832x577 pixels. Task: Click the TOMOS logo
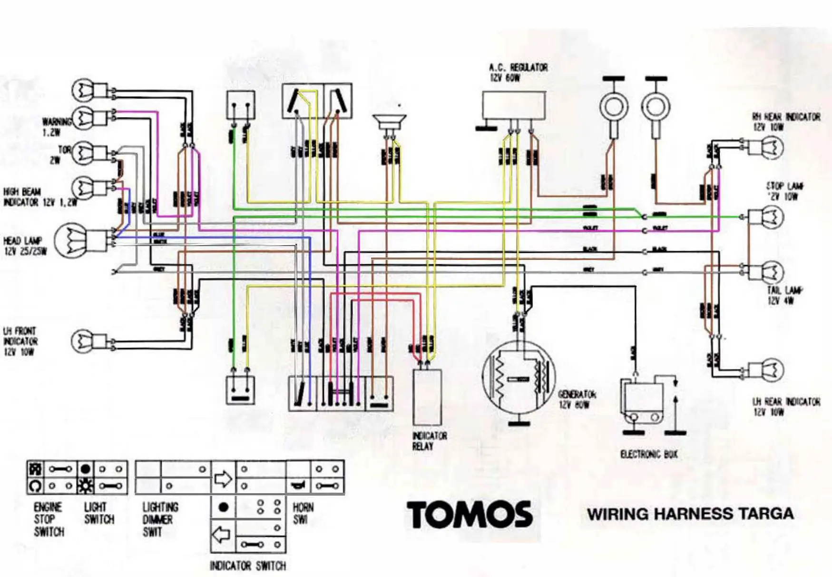tap(469, 514)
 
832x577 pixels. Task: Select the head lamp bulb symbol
tap(71, 241)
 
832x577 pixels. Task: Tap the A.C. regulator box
tap(514, 105)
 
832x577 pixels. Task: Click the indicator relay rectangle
tap(427, 397)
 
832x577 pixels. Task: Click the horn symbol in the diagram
tap(389, 121)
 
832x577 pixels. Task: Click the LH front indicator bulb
tap(83, 341)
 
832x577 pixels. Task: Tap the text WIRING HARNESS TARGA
tap(690, 514)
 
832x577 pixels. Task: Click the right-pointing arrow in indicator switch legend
tap(223, 478)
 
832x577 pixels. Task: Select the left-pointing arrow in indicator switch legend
tap(221, 535)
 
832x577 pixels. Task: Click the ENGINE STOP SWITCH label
tap(48, 519)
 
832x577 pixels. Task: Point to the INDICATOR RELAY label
tap(429, 441)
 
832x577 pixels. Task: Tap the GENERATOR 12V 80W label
tap(577, 399)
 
